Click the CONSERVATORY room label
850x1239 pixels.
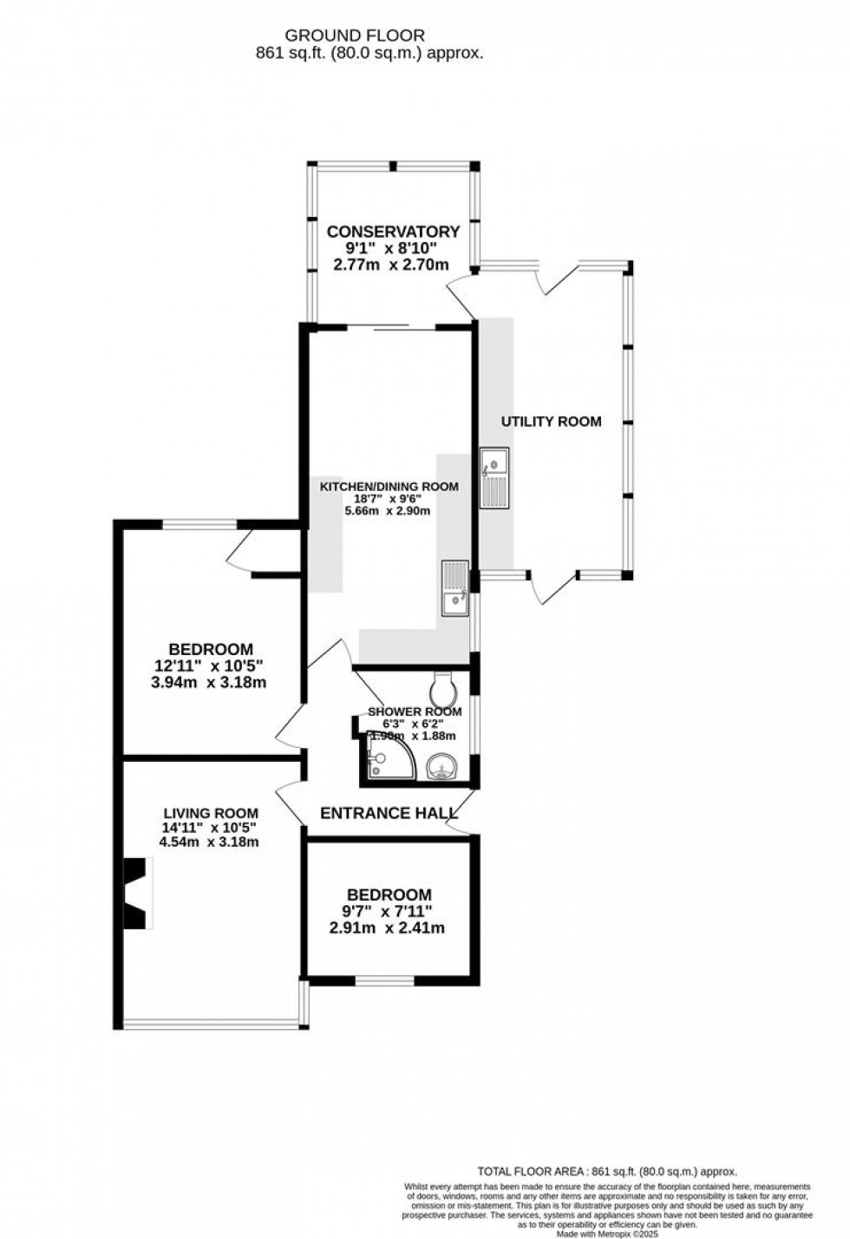click(x=393, y=232)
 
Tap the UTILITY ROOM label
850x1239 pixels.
click(x=551, y=422)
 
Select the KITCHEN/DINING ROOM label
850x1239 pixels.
click(x=389, y=487)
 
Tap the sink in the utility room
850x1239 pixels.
click(x=496, y=478)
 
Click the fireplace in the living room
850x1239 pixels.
click(x=134, y=894)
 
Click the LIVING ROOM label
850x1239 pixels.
click(x=211, y=813)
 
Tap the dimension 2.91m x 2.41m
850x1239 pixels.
click(x=387, y=928)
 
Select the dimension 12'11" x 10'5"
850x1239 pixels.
click(x=209, y=665)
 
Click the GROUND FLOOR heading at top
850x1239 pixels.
click(x=356, y=36)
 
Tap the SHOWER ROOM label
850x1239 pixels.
click(x=415, y=711)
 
